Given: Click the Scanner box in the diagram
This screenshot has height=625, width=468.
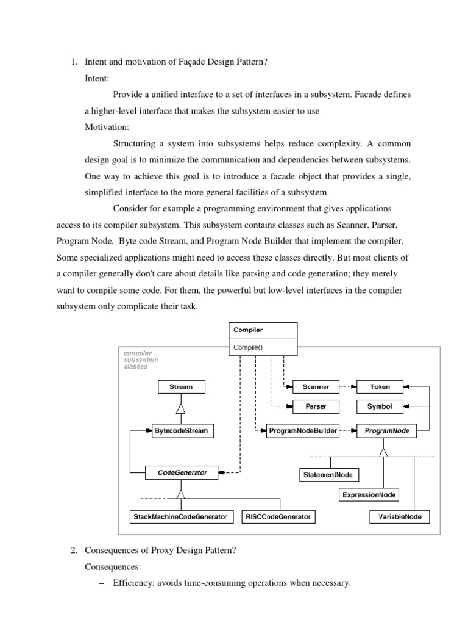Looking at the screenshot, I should pyautogui.click(x=316, y=387).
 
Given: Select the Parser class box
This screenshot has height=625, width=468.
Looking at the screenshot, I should pyautogui.click(x=316, y=406).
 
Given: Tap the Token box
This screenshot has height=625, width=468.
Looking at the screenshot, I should pyautogui.click(x=380, y=387).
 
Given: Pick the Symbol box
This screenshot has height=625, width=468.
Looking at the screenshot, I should pyautogui.click(x=380, y=406).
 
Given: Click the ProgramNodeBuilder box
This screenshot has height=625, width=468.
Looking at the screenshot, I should pyautogui.click(x=303, y=431).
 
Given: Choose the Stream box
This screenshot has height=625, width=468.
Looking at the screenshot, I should pyautogui.click(x=180, y=387).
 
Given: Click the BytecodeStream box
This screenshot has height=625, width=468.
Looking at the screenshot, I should pyautogui.click(x=180, y=431).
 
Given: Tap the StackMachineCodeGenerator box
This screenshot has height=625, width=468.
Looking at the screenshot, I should pyautogui.click(x=180, y=517).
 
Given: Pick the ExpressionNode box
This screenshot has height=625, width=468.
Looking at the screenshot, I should pyautogui.click(x=369, y=495).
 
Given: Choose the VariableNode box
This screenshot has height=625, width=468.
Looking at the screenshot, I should pyautogui.click(x=400, y=517).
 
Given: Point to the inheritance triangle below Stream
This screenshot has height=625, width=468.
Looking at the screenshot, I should pyautogui.click(x=180, y=408).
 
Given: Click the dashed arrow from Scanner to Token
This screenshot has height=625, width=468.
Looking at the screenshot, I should pyautogui.click(x=347, y=387).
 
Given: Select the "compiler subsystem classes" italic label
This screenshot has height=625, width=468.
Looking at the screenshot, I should pyautogui.click(x=141, y=359).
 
